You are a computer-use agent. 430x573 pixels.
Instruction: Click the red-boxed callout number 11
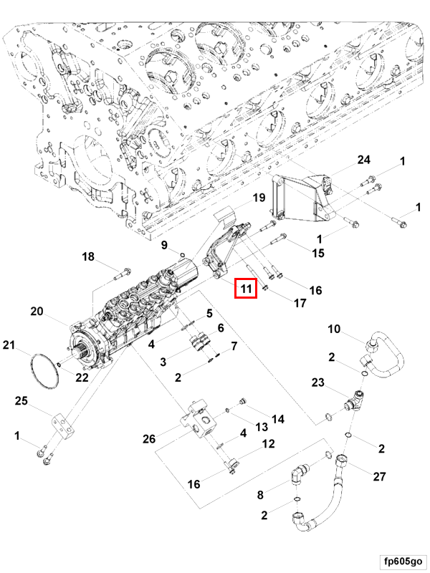pos(246,289)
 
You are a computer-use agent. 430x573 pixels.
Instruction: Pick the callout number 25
pos(22,401)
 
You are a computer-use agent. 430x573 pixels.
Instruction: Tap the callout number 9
pos(164,246)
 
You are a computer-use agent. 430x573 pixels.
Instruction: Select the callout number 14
pos(277,419)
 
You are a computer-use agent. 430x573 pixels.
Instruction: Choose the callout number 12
pos(267,444)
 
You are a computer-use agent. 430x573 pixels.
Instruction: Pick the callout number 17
pos(300,303)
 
